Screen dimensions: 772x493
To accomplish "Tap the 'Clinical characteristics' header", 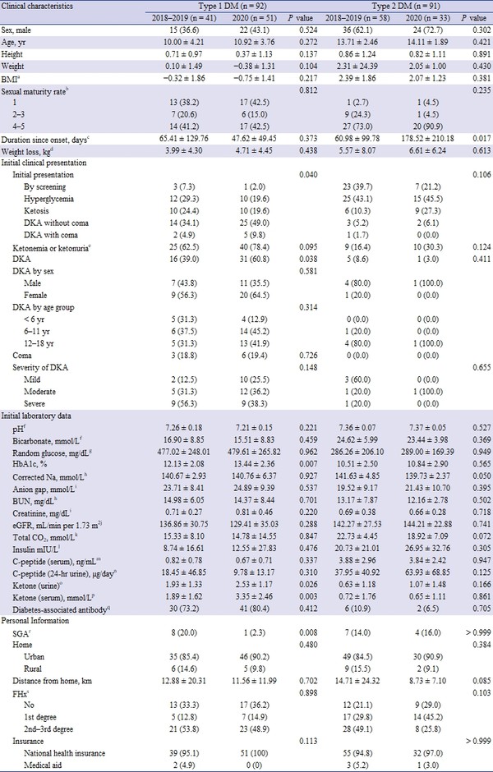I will click(40, 5).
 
